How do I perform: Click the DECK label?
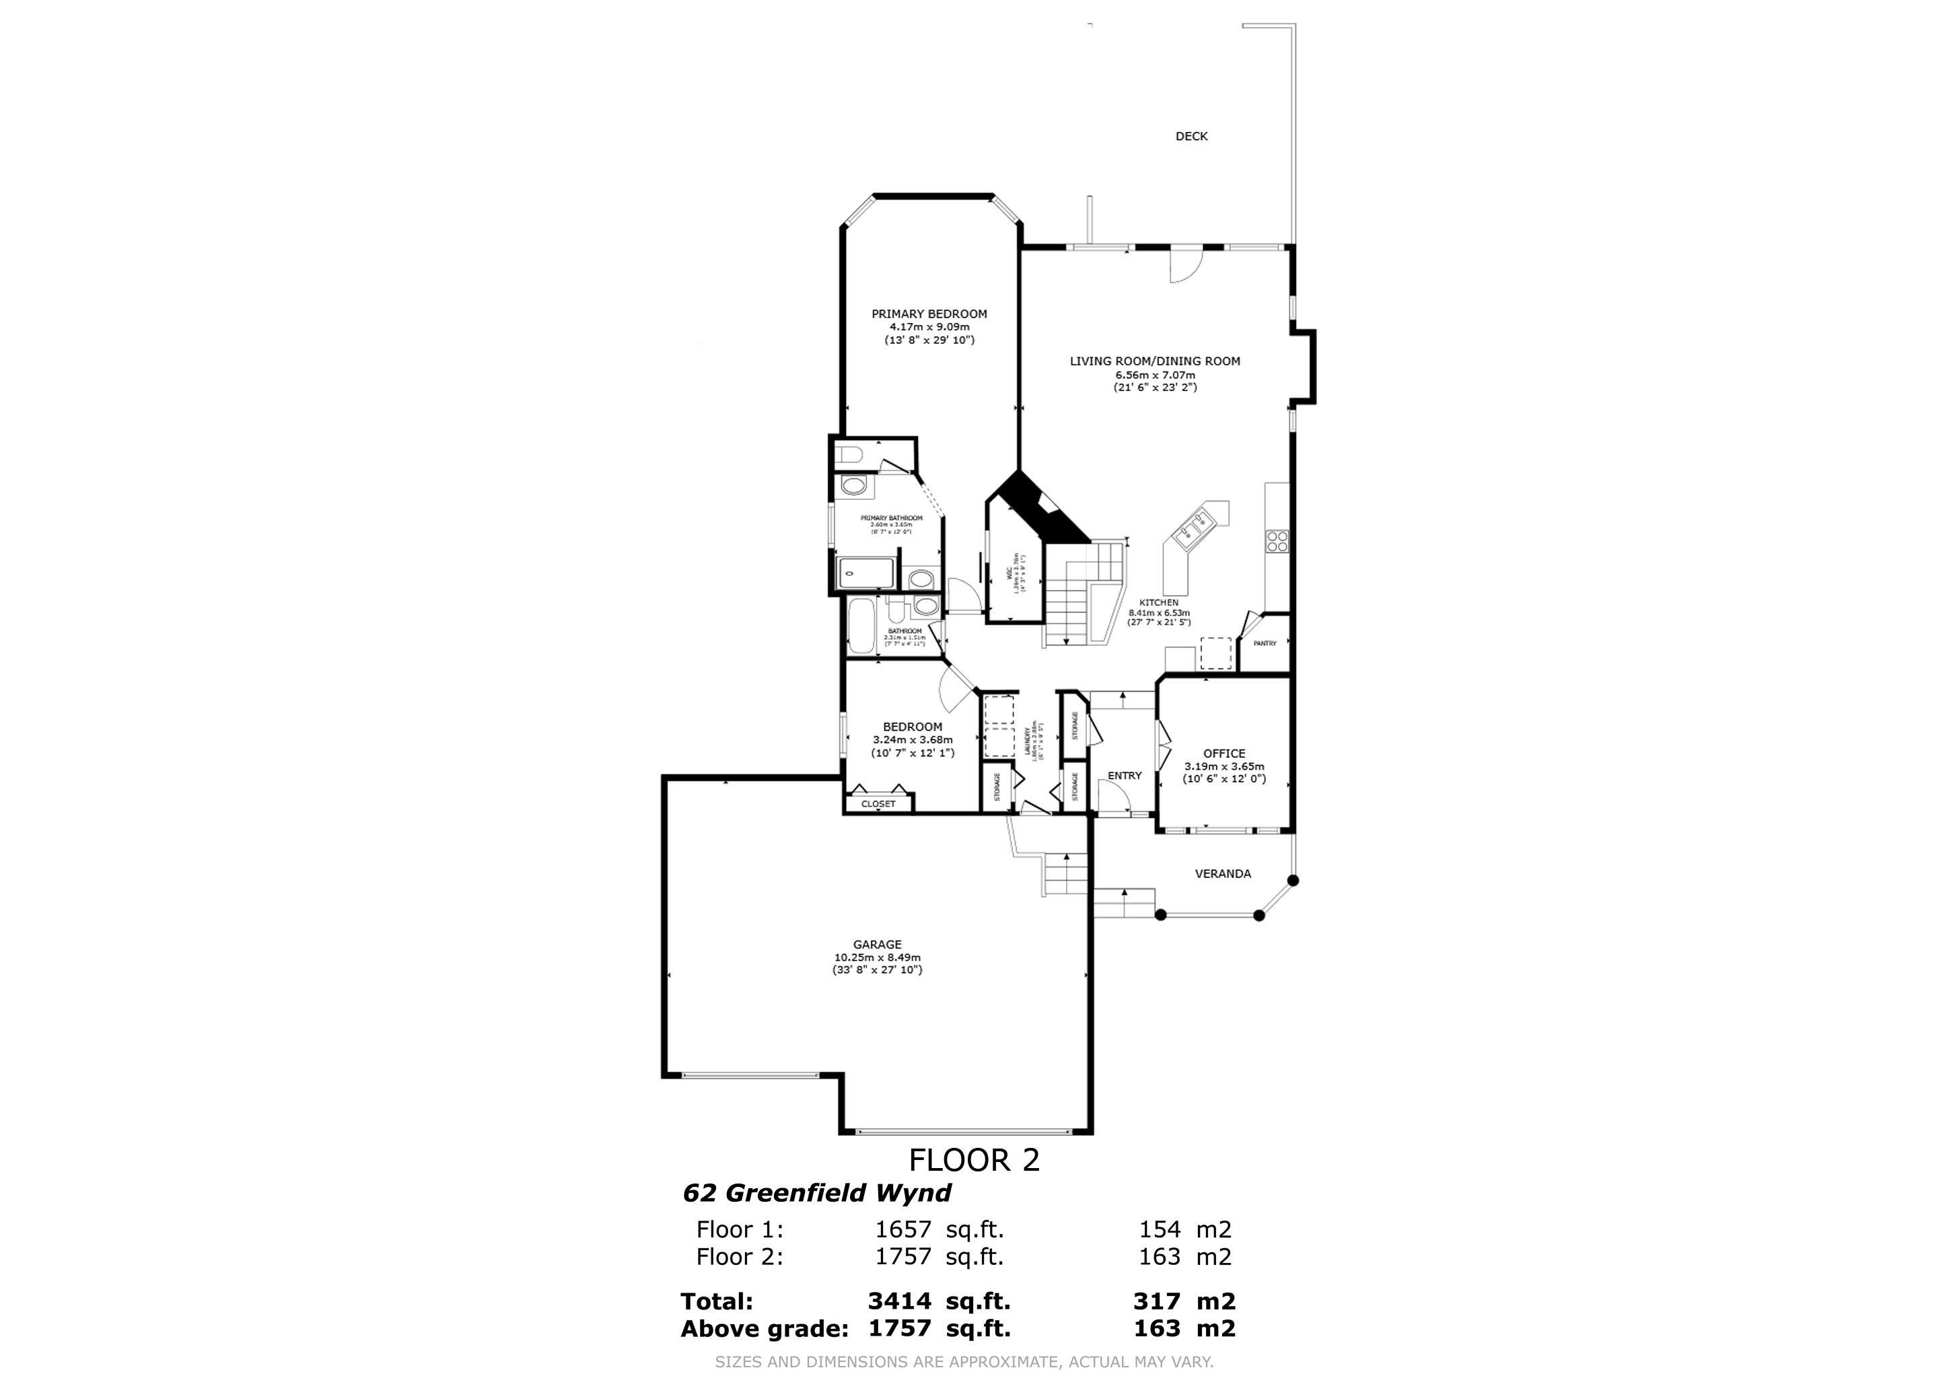pyautogui.click(x=1191, y=136)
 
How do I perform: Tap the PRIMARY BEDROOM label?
pyautogui.click(x=929, y=314)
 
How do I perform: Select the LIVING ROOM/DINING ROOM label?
pyautogui.click(x=1154, y=361)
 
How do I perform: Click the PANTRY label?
pyautogui.click(x=1264, y=643)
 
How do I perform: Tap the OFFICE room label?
pyautogui.click(x=1224, y=753)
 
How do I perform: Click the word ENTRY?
pyautogui.click(x=1124, y=776)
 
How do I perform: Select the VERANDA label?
pyautogui.click(x=1222, y=873)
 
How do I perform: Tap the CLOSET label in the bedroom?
pyautogui.click(x=878, y=803)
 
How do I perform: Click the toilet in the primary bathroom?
pyautogui.click(x=849, y=456)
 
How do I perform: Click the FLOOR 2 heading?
pyautogui.click(x=974, y=1160)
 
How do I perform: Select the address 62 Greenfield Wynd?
pyautogui.click(x=816, y=1193)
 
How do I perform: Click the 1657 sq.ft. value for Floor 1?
pyautogui.click(x=939, y=1229)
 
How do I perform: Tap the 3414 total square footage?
pyautogui.click(x=900, y=1301)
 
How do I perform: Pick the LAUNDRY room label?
pyautogui.click(x=1029, y=740)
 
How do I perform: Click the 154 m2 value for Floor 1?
pyautogui.click(x=1184, y=1229)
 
